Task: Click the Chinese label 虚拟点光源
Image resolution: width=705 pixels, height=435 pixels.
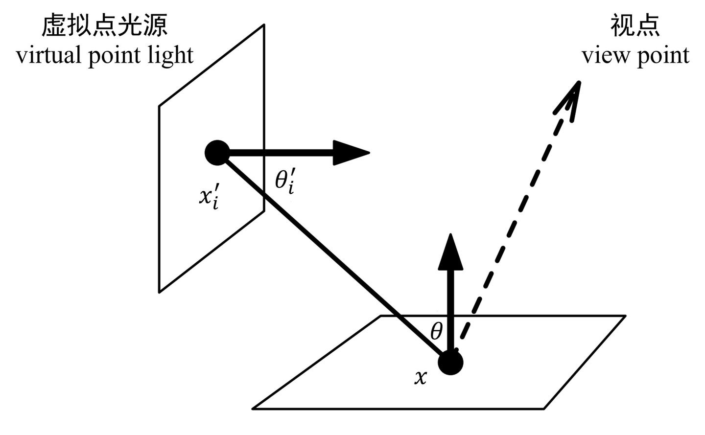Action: coord(104,25)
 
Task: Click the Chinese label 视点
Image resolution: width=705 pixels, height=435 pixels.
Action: coord(635,25)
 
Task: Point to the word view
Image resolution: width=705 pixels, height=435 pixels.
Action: coord(605,55)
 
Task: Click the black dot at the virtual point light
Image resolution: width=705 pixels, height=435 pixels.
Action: coord(217,153)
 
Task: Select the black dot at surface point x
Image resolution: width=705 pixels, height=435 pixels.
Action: coord(450,363)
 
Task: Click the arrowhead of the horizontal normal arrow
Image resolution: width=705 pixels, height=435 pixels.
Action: coord(352,153)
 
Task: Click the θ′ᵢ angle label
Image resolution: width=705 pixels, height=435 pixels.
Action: coord(284,181)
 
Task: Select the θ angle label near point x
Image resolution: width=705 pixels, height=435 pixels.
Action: coord(436,332)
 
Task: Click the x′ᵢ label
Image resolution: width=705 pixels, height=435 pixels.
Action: coord(209,197)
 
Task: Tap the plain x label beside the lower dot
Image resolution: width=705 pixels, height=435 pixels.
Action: coord(420,377)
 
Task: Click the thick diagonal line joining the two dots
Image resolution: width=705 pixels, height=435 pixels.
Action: coord(333,257)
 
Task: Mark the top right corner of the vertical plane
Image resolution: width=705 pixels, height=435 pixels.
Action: coord(264,24)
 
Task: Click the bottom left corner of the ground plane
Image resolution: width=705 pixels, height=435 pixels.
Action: coord(253,408)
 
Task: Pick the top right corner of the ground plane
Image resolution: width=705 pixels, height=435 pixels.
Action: coord(625,316)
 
